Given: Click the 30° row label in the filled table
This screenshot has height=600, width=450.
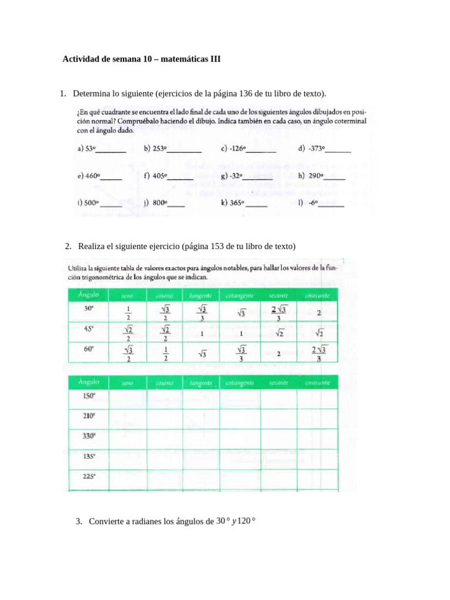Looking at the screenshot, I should [x=89, y=308].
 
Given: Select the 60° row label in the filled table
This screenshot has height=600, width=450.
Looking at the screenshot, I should [x=89, y=349].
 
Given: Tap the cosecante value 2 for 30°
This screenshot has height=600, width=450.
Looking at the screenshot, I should [x=318, y=313].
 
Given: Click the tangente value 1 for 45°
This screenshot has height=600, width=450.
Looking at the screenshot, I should [x=202, y=333].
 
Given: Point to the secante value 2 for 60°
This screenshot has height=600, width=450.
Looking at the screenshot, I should [x=279, y=354].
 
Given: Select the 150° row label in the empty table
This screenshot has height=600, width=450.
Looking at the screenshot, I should [x=89, y=396].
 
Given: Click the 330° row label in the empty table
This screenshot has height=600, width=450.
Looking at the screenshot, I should [x=89, y=436].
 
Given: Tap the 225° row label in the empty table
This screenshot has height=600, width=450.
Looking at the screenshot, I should [x=89, y=476].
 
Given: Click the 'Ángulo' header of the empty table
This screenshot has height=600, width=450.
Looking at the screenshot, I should [x=88, y=382].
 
